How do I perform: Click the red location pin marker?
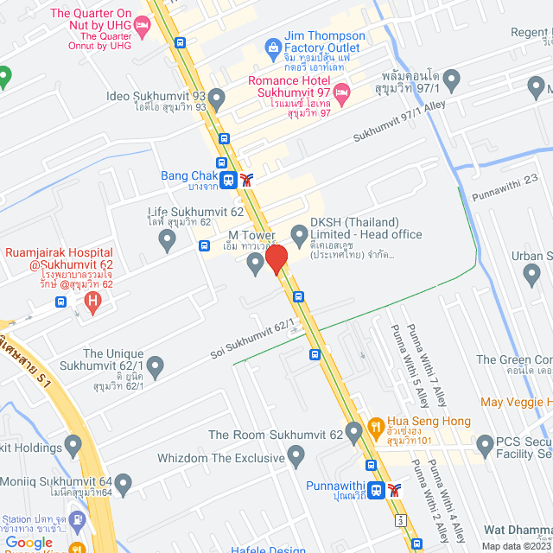pyautogui.click(x=276, y=259)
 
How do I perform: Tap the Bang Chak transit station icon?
pyautogui.click(x=228, y=180)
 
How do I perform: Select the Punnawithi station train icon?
pyautogui.click(x=376, y=490)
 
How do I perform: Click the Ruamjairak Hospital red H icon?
pyautogui.click(x=92, y=302)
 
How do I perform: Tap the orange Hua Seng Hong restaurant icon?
pyautogui.click(x=375, y=425)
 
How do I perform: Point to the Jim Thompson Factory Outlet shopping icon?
pyautogui.click(x=273, y=46)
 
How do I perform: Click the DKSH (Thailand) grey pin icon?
pyautogui.click(x=299, y=233)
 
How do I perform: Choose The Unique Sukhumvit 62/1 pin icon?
pyautogui.click(x=155, y=368)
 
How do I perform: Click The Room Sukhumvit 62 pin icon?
pyautogui.click(x=353, y=431)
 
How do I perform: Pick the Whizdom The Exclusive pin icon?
pyautogui.click(x=296, y=454)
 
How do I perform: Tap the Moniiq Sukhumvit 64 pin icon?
pyautogui.click(x=124, y=482)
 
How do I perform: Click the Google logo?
pyautogui.click(x=29, y=542)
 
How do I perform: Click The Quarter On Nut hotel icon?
pyautogui.click(x=143, y=27)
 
